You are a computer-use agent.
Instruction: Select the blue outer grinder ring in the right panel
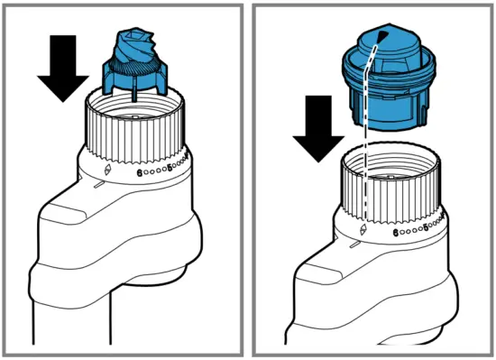coord(388,86)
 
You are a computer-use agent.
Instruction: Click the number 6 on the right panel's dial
coord(397,232)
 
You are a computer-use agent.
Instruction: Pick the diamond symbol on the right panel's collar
coord(363,230)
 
